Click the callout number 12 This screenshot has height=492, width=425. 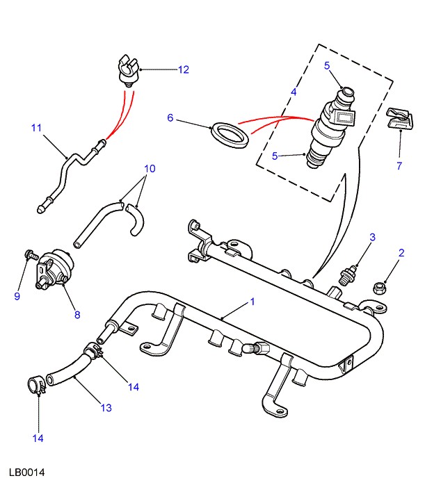[183, 69]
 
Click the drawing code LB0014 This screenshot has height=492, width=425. [27, 473]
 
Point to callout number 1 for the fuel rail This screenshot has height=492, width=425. [252, 302]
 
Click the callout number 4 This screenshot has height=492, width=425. [294, 92]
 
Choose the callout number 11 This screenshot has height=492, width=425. [37, 127]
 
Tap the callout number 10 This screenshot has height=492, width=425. [150, 169]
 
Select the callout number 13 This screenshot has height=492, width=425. [106, 408]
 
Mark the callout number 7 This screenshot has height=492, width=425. [399, 165]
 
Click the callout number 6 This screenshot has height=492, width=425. [170, 117]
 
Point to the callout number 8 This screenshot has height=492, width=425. [77, 315]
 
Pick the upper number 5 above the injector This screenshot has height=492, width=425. [327, 66]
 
